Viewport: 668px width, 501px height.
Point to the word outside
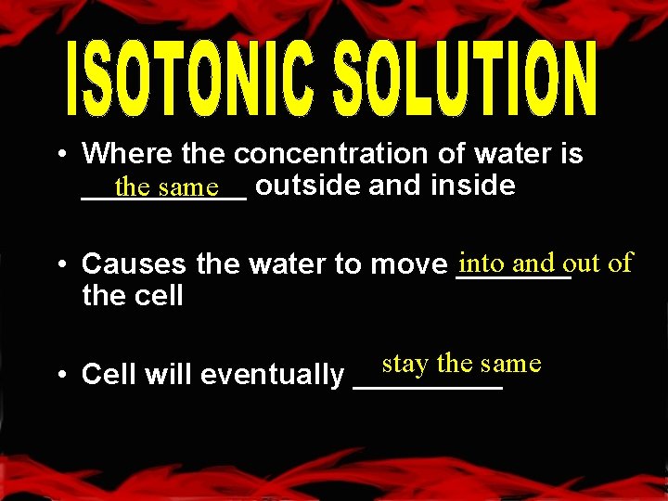pyautogui.click(x=307, y=186)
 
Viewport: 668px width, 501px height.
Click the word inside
pyautogui.click(x=473, y=186)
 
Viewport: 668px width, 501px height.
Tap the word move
pyautogui.click(x=409, y=264)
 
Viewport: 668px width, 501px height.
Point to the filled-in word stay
pyautogui.click(x=405, y=364)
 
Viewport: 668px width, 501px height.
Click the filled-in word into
pyautogui.click(x=481, y=263)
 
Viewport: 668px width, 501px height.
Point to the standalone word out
pyautogui.click(x=583, y=263)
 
